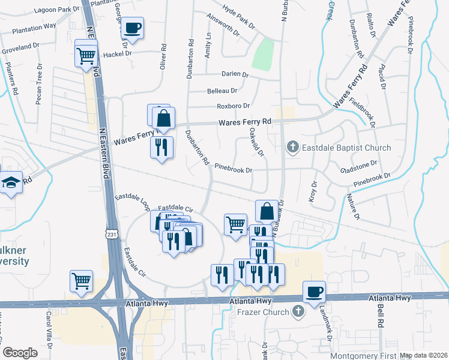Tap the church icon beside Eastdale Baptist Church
click(293, 148)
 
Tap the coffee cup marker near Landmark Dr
click(315, 292)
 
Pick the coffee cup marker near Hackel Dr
click(133, 28)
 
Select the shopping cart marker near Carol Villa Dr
click(81, 280)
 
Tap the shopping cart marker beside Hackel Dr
click(86, 56)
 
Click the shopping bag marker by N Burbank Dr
click(267, 211)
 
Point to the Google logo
click(20, 352)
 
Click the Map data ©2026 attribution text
click(423, 355)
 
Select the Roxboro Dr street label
click(233, 106)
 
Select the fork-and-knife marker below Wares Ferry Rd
click(161, 148)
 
